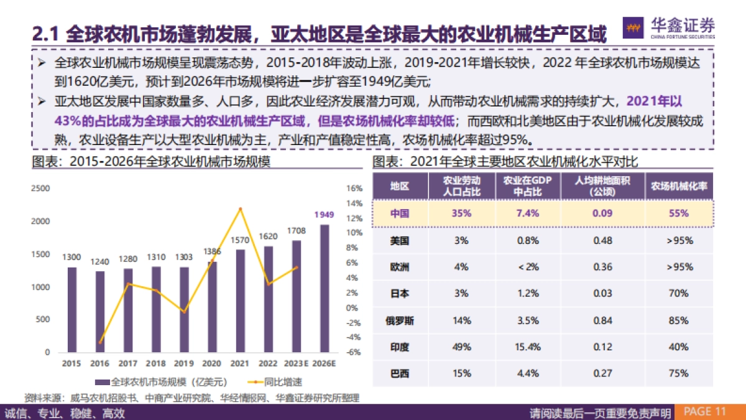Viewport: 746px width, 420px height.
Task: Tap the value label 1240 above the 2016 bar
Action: coord(100,262)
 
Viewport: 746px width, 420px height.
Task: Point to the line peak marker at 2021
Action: coord(240,208)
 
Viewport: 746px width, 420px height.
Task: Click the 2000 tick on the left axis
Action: coord(42,222)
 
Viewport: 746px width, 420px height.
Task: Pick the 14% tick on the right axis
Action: coord(354,203)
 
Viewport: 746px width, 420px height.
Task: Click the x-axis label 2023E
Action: coord(296,363)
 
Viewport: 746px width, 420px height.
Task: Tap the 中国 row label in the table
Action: coord(400,213)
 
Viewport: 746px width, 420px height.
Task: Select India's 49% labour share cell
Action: coord(462,347)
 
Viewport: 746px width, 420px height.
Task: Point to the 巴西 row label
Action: coord(400,373)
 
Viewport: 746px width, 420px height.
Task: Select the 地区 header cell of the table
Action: coord(400,185)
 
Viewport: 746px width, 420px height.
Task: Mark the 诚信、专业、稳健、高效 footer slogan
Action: coord(65,413)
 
